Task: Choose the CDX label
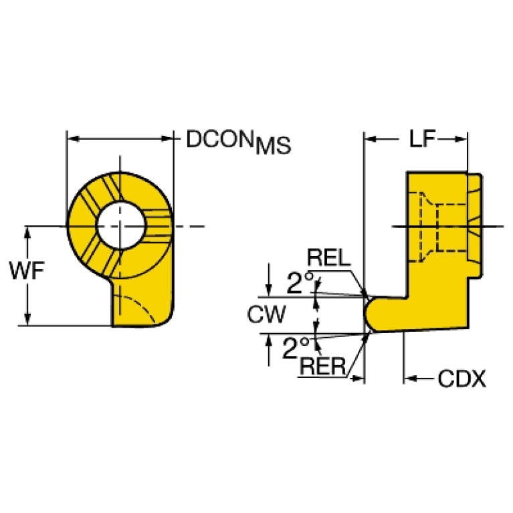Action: coord(461,380)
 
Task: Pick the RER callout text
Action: coord(322,366)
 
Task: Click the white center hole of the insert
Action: coord(120,225)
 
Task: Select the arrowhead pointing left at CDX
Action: coord(409,380)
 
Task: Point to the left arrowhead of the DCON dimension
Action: coord(72,139)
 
